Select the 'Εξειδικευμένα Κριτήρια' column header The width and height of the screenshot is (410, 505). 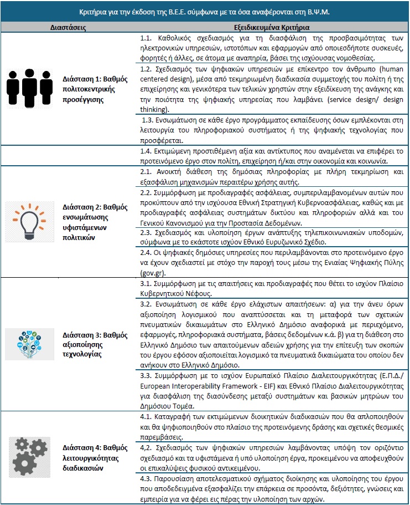click(272, 27)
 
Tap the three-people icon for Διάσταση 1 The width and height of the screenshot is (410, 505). click(28, 87)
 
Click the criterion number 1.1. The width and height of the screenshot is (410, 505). click(147, 39)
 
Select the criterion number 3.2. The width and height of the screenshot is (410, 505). click(147, 304)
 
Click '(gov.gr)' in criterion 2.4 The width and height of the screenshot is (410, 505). click(155, 273)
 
